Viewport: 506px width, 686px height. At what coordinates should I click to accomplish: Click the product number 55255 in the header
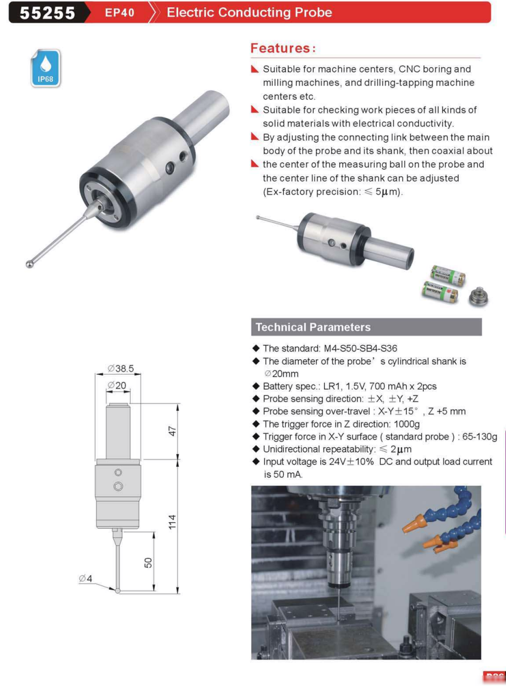[x=47, y=13]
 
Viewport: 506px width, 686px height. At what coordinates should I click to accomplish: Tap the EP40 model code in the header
[x=120, y=13]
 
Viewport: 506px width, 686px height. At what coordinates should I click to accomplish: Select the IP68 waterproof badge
[x=45, y=68]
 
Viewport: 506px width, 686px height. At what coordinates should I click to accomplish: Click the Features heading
[x=283, y=48]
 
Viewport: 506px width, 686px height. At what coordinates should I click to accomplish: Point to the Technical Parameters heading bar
[x=366, y=327]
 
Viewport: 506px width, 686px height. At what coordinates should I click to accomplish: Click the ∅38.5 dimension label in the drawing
[x=121, y=368]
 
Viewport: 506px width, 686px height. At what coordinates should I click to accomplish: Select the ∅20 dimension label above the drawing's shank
[x=117, y=385]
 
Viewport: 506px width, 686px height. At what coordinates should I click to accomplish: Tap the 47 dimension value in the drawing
[x=173, y=431]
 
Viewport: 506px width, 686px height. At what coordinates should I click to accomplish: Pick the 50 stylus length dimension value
[x=148, y=563]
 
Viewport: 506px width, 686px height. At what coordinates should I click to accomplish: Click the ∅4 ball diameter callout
[x=85, y=579]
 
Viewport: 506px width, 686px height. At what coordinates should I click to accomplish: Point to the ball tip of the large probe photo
[x=30, y=264]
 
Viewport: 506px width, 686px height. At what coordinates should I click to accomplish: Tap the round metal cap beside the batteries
[x=478, y=297]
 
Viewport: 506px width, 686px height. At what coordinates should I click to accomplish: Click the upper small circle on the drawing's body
[x=118, y=472]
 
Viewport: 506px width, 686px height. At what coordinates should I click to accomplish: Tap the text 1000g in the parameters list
[x=407, y=424]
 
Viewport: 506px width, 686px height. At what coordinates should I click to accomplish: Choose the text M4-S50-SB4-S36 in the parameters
[x=360, y=348]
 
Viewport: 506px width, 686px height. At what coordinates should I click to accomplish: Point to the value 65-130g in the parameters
[x=479, y=437]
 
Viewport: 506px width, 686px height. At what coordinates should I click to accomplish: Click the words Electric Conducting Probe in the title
[x=249, y=13]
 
